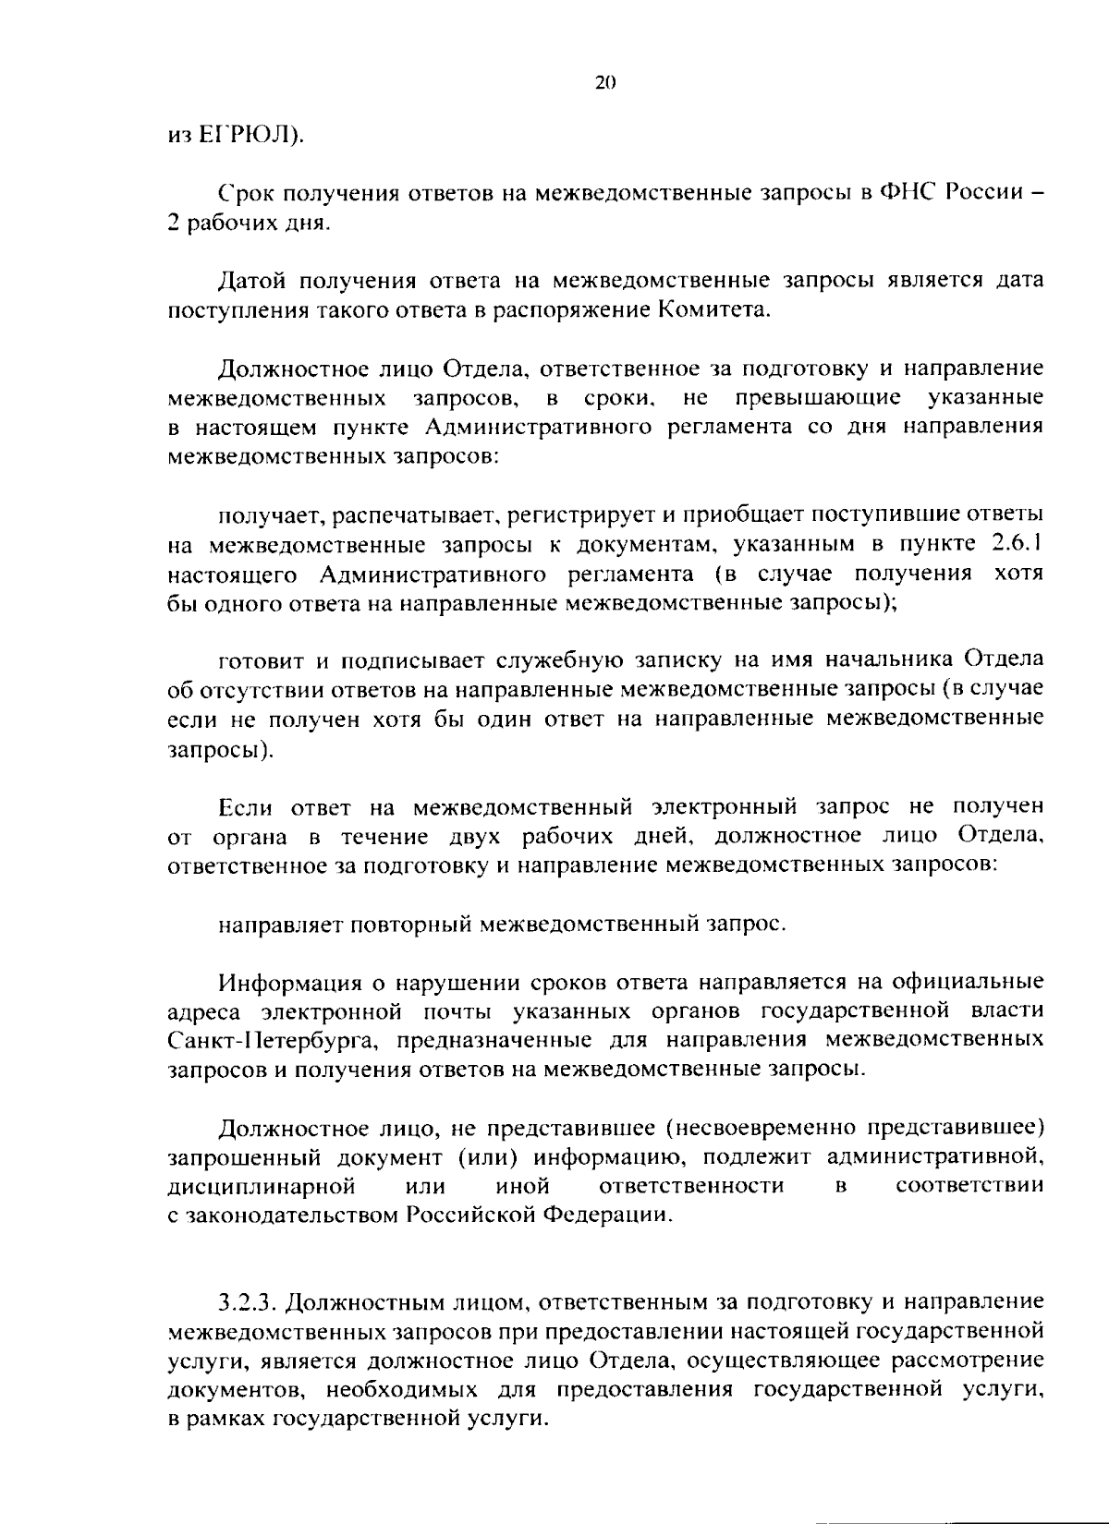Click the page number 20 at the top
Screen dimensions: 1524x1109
pos(605,82)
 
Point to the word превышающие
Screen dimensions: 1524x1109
pos(819,398)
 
